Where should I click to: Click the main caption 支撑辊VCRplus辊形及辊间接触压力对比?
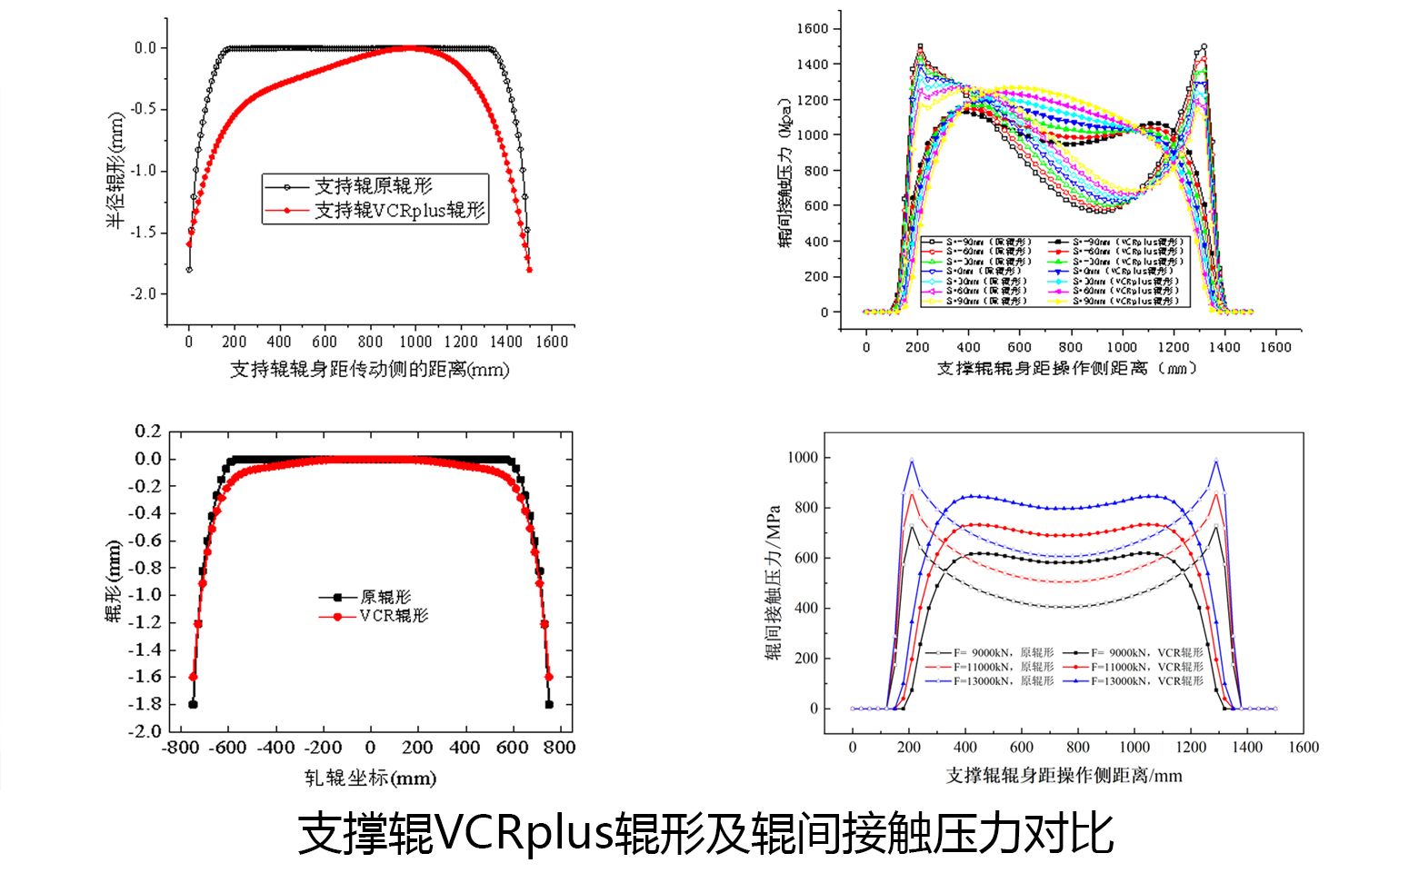coord(705,834)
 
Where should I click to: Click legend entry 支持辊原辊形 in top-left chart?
coord(373,186)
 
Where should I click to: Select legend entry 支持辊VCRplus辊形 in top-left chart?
coord(399,211)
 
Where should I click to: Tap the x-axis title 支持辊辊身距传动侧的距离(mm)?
coord(369,370)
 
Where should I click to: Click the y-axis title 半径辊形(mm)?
coord(115,171)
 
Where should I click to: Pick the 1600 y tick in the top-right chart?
coord(812,29)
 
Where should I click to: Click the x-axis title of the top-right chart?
coord(1065,369)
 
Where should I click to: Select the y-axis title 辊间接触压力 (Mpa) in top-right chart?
coord(785,172)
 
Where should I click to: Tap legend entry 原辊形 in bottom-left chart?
coord(385,597)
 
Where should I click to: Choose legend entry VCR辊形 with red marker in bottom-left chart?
coord(393,616)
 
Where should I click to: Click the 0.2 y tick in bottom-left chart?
coord(148,431)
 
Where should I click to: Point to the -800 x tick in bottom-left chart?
coord(180,748)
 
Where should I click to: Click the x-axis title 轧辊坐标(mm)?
coord(370,779)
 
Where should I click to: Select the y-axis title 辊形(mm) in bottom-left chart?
coord(114,581)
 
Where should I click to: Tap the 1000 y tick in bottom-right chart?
coord(803,458)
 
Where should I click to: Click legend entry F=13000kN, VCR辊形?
coord(1147,680)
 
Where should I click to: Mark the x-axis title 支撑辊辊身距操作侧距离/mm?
coord(1064,776)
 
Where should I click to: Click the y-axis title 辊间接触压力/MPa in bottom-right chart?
coord(774,582)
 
